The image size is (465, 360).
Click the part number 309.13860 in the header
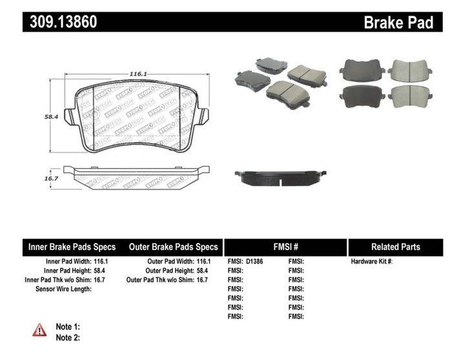(x=63, y=22)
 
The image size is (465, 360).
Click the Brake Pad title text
(x=398, y=23)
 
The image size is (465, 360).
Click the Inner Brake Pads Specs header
(x=72, y=247)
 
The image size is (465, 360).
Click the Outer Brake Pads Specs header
(x=174, y=247)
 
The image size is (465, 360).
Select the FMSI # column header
(x=285, y=247)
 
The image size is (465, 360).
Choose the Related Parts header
(x=395, y=247)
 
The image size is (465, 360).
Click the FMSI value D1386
(x=255, y=262)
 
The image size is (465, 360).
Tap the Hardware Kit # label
(x=371, y=262)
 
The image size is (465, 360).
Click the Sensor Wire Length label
(x=63, y=289)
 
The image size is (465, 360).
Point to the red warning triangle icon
(x=40, y=330)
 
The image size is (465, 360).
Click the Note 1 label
(x=67, y=326)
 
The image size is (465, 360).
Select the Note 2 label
(x=67, y=337)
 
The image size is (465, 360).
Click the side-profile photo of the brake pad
(x=280, y=176)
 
